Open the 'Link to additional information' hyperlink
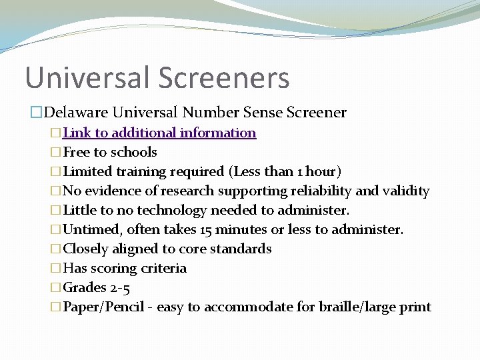159,133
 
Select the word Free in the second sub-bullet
76,152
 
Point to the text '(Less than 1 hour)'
285,171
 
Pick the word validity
406,191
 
